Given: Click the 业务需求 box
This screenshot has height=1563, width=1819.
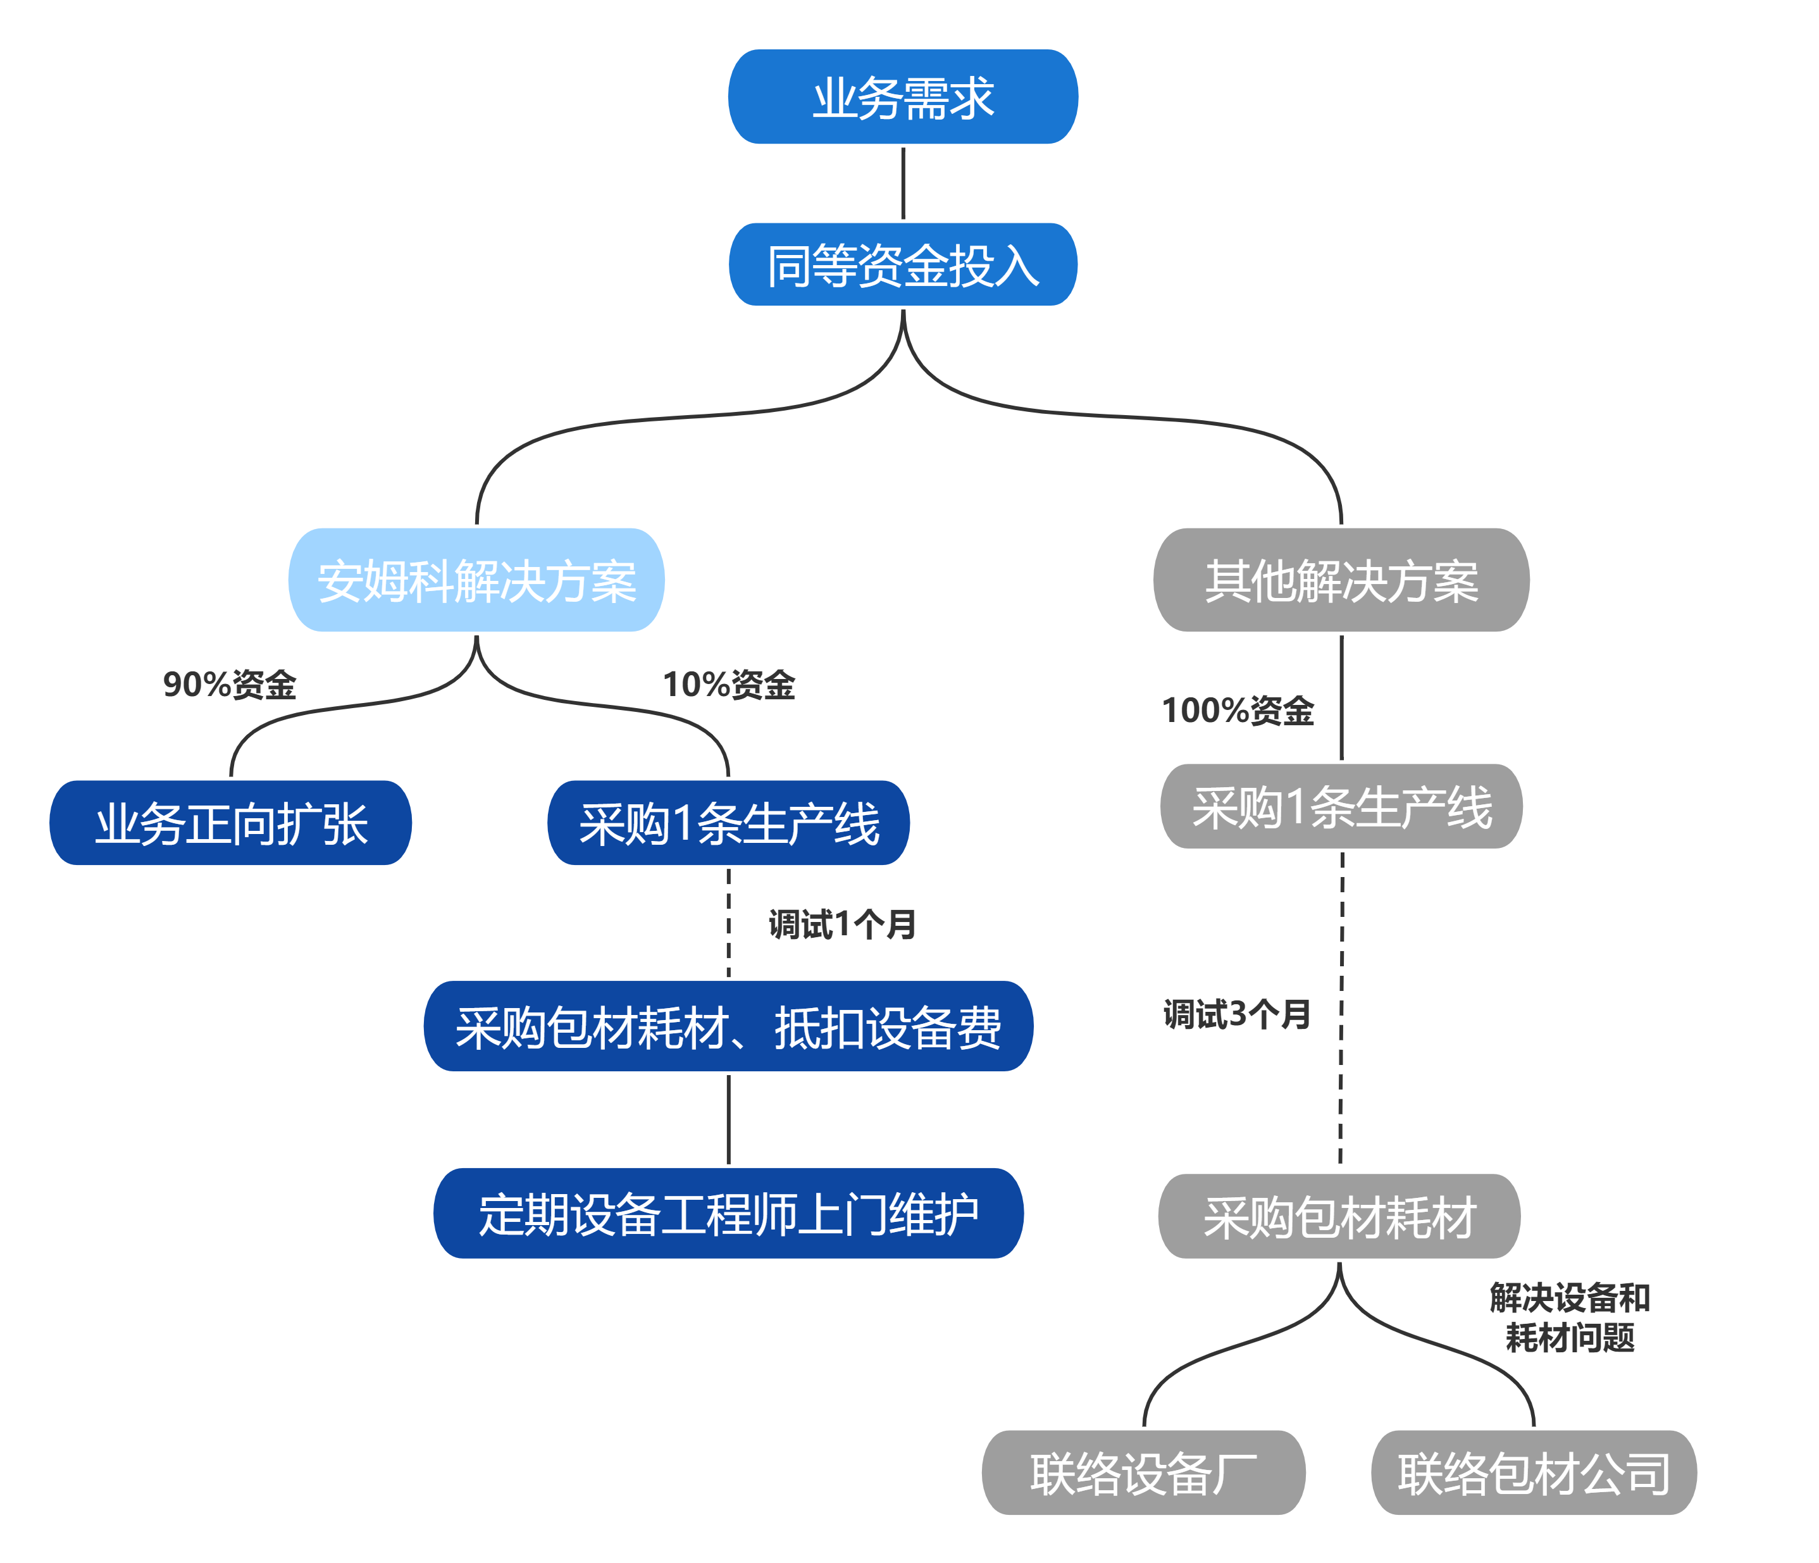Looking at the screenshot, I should [x=902, y=97].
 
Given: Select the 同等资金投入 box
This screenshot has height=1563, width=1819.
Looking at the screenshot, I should [x=902, y=265].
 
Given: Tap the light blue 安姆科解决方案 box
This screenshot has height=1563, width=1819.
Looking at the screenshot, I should [x=476, y=580].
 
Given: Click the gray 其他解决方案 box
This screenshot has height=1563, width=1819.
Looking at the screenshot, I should [x=1341, y=580].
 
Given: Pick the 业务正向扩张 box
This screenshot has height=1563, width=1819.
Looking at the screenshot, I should [x=231, y=823].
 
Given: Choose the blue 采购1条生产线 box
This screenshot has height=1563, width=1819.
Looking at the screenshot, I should [x=729, y=823].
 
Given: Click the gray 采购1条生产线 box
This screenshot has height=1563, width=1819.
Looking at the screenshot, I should [x=1341, y=806].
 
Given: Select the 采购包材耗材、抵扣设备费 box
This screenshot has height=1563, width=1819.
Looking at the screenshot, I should [x=729, y=1026].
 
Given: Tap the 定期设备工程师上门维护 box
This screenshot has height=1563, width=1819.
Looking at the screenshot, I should [x=729, y=1214].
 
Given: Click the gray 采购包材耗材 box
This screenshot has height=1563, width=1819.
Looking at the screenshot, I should [x=1339, y=1216].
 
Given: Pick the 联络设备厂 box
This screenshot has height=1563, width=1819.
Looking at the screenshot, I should [x=1143, y=1473].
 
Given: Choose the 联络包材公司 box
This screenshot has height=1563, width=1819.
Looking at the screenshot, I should [x=1534, y=1473].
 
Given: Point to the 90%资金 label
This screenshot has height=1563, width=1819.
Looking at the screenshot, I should [x=230, y=685].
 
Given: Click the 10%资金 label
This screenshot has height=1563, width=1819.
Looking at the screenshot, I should [x=729, y=685].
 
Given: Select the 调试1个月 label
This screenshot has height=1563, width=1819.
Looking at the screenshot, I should [x=843, y=924].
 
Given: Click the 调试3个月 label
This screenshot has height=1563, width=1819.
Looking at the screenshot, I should [x=1237, y=1014].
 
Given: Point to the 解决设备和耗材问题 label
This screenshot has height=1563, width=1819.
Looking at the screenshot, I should [x=1570, y=1317].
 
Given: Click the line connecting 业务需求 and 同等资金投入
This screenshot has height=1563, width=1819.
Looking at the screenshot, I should [x=902, y=184].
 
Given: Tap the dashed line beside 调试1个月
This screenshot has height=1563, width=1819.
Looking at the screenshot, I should [x=729, y=922].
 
